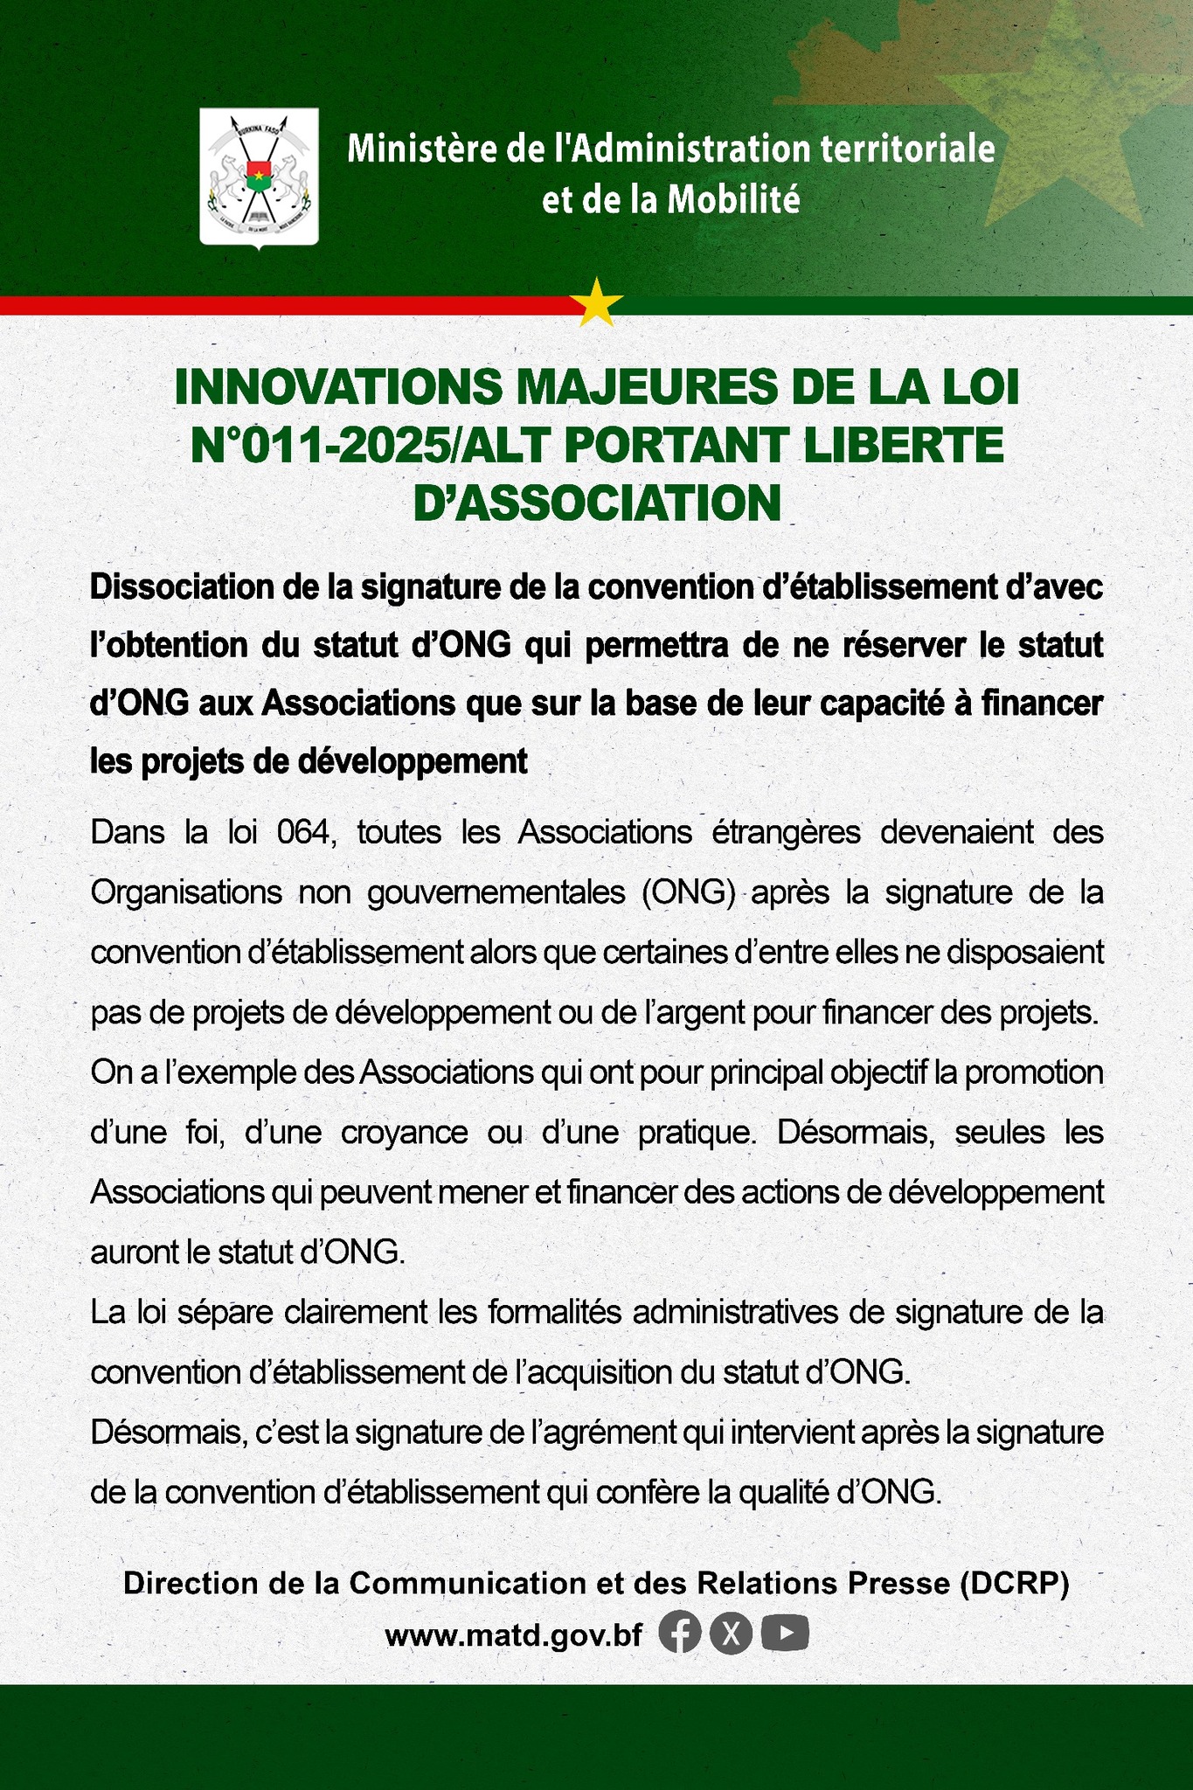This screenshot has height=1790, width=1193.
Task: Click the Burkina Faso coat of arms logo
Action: [x=259, y=177]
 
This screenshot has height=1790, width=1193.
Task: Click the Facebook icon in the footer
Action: [x=680, y=1633]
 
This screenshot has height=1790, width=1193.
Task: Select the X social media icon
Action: [x=732, y=1633]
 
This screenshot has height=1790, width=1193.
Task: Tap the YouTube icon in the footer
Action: [x=785, y=1633]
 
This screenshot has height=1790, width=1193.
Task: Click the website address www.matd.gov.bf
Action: [x=513, y=1634]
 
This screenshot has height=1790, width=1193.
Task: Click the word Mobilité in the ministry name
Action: [x=733, y=201]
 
